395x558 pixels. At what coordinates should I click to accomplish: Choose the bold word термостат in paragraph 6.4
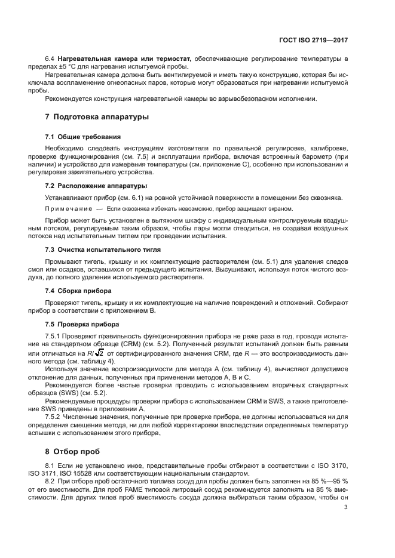171,59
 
